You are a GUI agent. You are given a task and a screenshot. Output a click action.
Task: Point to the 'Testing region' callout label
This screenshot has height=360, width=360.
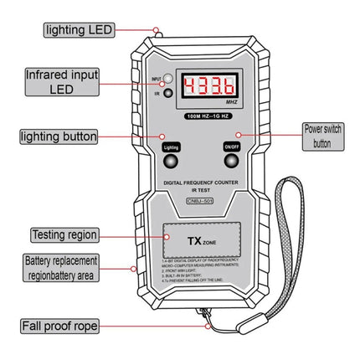[x=64, y=234]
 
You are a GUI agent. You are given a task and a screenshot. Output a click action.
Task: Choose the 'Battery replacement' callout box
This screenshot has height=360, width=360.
[x=61, y=268]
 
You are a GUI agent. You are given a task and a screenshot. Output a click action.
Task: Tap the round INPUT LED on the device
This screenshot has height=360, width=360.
[x=167, y=79]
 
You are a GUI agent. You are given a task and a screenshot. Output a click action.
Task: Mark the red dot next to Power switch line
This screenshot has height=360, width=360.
[x=239, y=135]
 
